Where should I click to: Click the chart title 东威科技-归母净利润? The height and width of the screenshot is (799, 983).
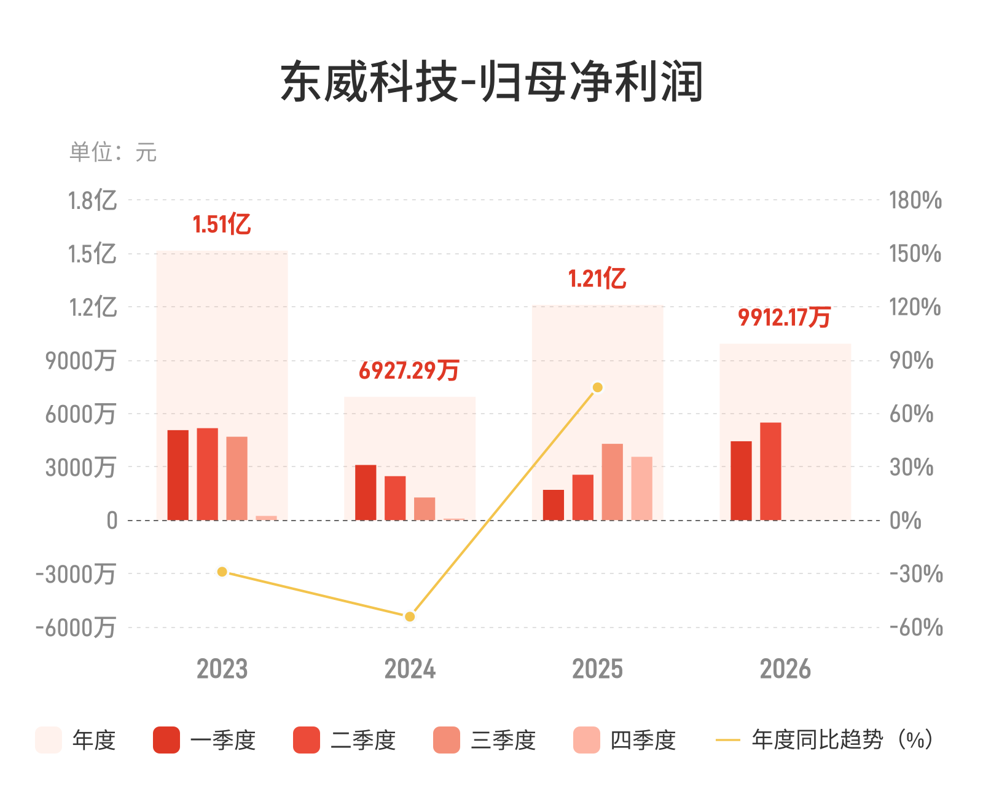coord(491,82)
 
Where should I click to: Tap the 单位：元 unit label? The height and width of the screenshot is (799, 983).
coord(113,152)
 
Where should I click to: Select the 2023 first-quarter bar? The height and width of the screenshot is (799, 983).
coord(178,475)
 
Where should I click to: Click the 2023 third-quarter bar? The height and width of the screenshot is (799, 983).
coord(237,478)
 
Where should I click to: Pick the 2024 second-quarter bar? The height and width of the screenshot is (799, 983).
coord(395,498)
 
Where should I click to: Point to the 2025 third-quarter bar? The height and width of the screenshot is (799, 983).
coord(612,482)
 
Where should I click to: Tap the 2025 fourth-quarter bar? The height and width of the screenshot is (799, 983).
coord(641,489)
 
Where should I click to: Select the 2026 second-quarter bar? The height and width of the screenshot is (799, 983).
coord(770,471)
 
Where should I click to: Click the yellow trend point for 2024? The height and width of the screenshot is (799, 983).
coord(409,616)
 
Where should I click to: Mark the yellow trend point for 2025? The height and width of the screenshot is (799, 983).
coord(597,387)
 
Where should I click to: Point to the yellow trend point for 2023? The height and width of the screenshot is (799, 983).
coord(222,572)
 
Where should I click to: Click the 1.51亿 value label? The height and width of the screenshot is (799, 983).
coord(222,225)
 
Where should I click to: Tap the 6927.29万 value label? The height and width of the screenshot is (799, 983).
coord(409,370)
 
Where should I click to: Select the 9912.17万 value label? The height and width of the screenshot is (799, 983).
coord(784,318)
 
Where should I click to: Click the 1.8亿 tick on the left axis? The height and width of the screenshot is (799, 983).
coord(92,200)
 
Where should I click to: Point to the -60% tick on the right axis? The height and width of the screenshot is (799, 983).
coord(916,628)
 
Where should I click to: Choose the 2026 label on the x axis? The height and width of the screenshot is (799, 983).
coord(785,669)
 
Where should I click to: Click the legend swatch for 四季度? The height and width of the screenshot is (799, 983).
coord(587,740)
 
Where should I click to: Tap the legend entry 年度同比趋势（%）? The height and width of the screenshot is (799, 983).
coord(824,740)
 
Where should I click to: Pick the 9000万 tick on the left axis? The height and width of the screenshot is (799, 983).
coord(80,361)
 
